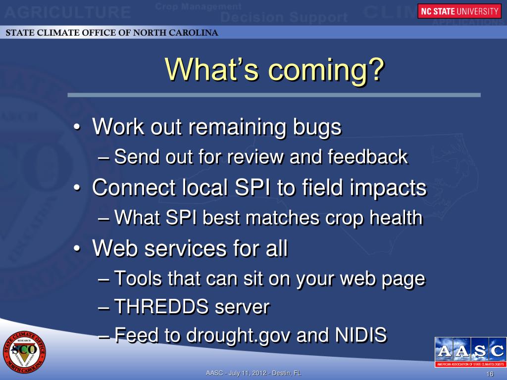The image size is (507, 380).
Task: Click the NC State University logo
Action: click(459, 11)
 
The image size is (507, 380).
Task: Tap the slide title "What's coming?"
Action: click(274, 70)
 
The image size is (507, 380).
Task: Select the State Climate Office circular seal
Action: click(24, 352)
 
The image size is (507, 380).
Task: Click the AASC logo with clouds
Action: click(470, 352)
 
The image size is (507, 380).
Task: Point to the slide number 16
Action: click(490, 374)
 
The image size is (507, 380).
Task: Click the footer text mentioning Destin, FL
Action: click(253, 373)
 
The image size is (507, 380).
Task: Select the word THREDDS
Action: click(161, 306)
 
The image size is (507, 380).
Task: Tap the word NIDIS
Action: click(361, 334)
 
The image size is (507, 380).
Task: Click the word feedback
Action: click(368, 157)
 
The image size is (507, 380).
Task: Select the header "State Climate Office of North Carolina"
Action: click(112, 33)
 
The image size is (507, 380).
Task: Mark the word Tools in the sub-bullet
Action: click(138, 278)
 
